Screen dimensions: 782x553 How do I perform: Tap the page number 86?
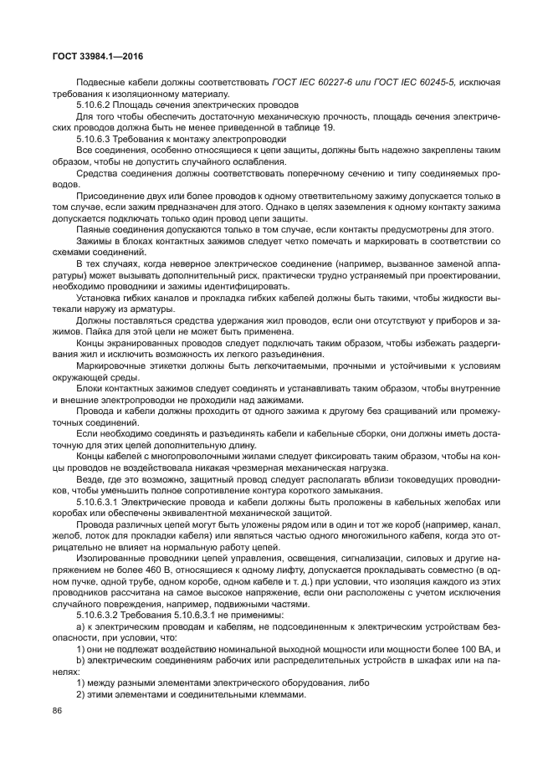58,710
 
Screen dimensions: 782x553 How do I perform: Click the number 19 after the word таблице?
327,127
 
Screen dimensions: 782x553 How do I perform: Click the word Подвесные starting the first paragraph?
100,82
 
